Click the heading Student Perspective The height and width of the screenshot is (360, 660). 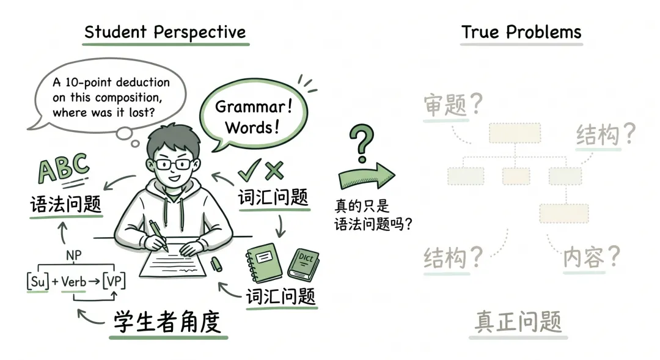(x=165, y=32)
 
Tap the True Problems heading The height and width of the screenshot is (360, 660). (x=521, y=32)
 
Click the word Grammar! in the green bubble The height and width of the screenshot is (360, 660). (x=254, y=108)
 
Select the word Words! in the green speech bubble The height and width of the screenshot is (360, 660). (x=252, y=127)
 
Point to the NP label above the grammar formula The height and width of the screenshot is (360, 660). (x=73, y=254)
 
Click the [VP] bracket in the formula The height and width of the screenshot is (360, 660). (x=113, y=282)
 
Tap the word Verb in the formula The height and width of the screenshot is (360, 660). (x=73, y=282)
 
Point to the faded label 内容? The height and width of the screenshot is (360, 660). (x=591, y=256)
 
